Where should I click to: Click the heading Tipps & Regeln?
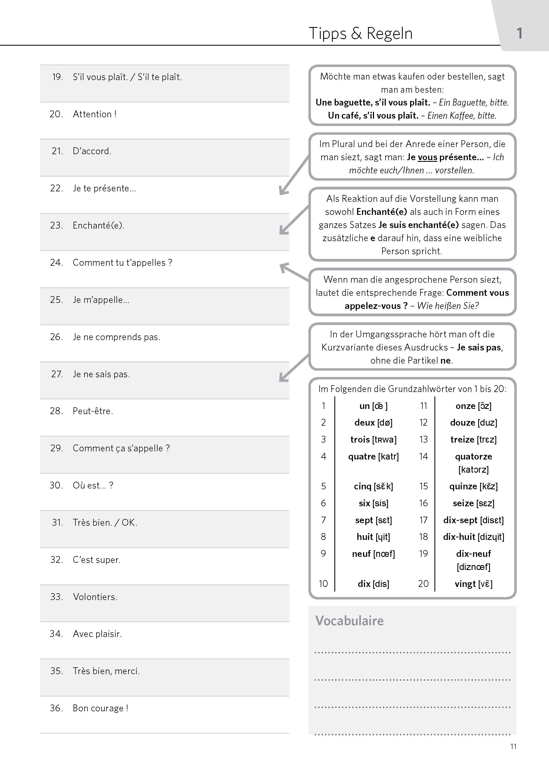click(360, 33)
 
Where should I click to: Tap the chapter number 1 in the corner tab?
click(519, 33)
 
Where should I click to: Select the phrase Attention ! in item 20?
click(95, 114)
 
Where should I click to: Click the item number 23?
click(56, 226)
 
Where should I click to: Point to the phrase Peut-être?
click(93, 411)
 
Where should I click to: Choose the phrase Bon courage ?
click(100, 708)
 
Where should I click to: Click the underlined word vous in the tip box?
click(428, 157)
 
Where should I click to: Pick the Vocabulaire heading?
click(349, 621)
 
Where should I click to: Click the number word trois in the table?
click(360, 439)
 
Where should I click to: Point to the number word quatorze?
click(473, 457)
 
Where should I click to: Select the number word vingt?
click(465, 584)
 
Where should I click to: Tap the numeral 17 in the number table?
click(423, 520)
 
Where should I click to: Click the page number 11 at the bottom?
click(513, 746)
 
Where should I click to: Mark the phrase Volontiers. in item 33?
click(95, 597)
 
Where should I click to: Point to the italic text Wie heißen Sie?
click(448, 306)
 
